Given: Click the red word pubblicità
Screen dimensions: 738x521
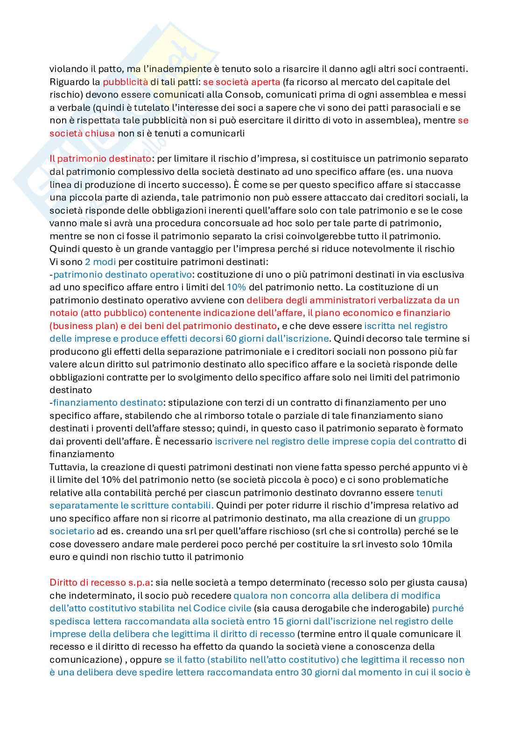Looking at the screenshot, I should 122,82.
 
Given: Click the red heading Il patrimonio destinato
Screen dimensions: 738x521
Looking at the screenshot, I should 100,158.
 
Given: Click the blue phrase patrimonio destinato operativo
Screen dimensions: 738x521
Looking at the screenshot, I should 122,274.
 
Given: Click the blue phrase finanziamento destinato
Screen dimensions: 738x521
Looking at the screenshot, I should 108,402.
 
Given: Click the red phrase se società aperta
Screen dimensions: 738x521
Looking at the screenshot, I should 241,82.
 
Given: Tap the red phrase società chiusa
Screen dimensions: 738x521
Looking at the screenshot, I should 82,133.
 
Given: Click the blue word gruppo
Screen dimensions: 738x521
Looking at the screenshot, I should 434,518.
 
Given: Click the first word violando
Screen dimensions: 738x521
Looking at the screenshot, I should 65,69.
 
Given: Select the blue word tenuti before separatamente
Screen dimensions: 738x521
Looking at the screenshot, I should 429,493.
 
